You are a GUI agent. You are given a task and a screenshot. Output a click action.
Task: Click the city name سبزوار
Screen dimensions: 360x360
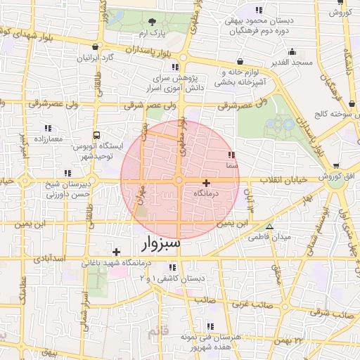(160, 243)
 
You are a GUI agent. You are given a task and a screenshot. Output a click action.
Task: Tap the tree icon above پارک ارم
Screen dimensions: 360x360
(153, 22)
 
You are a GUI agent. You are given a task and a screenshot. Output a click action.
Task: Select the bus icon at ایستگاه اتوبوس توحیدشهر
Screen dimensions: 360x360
(96, 135)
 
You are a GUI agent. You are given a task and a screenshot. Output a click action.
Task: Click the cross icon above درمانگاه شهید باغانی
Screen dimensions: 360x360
(116, 251)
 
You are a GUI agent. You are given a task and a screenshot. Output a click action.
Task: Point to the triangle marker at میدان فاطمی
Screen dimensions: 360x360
(269, 226)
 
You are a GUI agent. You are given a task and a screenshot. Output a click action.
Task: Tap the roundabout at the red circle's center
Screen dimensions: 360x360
(179, 181)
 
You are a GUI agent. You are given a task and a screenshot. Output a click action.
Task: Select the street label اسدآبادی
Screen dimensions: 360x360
(49, 258)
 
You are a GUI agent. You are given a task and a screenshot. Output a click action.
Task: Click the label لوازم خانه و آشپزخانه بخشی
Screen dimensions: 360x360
(243, 77)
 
